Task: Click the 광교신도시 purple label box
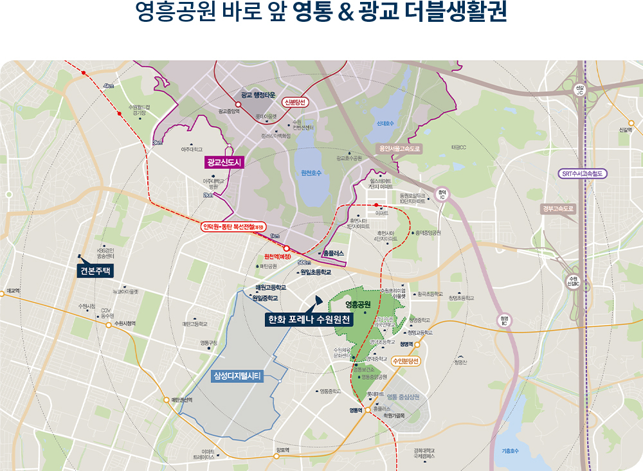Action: (x=223, y=163)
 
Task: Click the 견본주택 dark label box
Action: (x=96, y=271)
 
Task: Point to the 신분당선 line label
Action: (x=296, y=102)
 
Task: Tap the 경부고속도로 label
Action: (x=557, y=209)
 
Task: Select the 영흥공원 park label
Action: (x=358, y=304)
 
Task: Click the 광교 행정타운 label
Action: (x=258, y=95)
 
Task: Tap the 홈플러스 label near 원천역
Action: (x=334, y=254)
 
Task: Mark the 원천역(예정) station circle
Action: (x=285, y=248)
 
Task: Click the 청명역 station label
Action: (x=407, y=344)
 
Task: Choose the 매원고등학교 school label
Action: (x=271, y=287)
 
